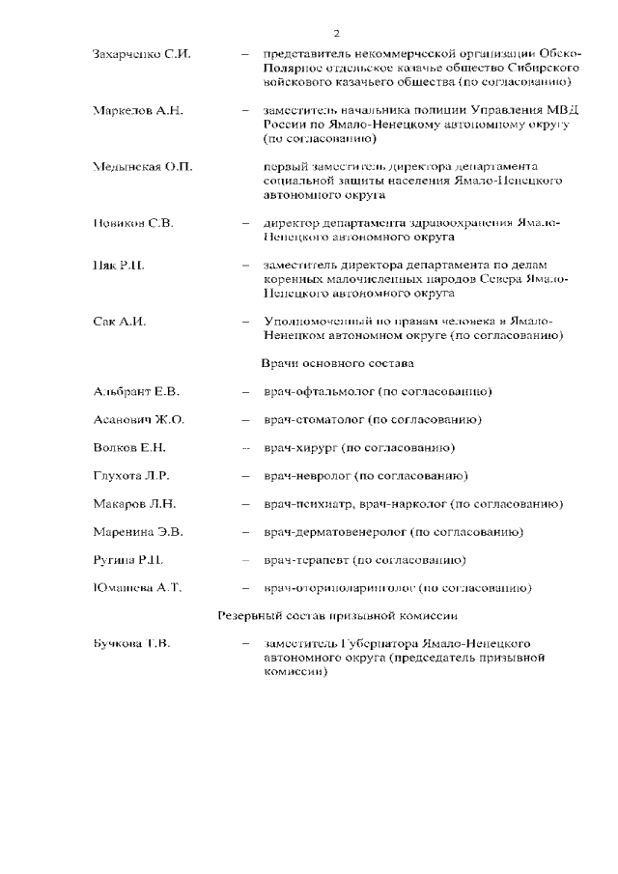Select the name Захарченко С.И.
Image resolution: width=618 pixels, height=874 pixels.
[x=141, y=54]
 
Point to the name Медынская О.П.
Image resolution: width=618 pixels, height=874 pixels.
[x=143, y=167]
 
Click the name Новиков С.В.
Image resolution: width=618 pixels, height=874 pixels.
[x=133, y=223]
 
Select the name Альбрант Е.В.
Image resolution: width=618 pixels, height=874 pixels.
[x=136, y=391]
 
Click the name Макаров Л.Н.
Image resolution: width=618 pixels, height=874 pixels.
[x=135, y=503]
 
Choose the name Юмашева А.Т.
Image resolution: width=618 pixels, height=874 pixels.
[x=138, y=587]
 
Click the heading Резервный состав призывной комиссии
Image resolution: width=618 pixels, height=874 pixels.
[x=337, y=615]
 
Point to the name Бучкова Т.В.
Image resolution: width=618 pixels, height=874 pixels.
[x=132, y=643]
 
